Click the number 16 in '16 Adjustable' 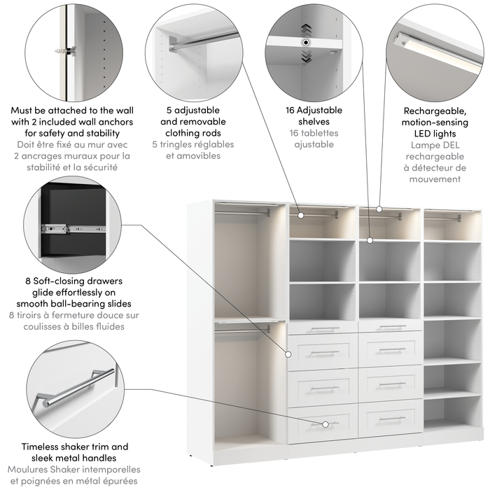290,111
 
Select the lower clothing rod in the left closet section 241,330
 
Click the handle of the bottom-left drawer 324,423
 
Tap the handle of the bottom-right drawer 391,419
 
